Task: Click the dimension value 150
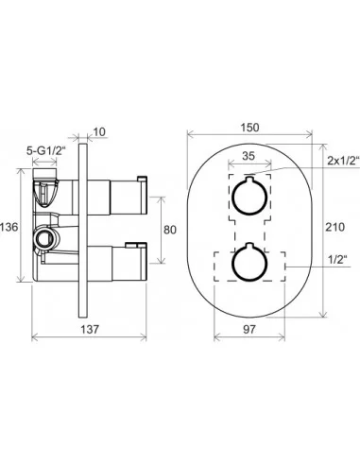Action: (249, 128)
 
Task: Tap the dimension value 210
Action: (334, 227)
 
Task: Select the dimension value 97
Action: (249, 330)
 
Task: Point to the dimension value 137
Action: (90, 330)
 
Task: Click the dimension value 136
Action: (9, 227)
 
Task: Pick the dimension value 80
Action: (170, 230)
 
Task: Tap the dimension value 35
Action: (249, 156)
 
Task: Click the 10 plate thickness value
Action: (99, 131)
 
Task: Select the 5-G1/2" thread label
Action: (45, 151)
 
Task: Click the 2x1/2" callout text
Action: (344, 161)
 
